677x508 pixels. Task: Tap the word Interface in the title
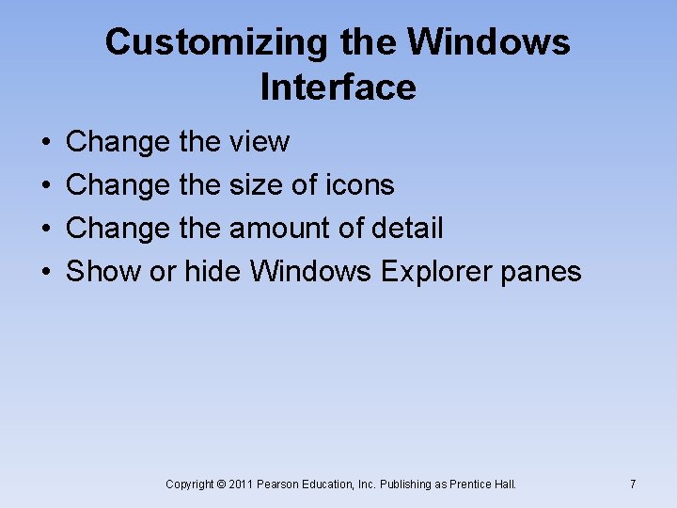[x=338, y=87]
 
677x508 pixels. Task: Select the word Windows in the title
[x=489, y=42]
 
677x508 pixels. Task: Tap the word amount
[x=273, y=229]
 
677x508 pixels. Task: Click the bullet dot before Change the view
[x=47, y=143]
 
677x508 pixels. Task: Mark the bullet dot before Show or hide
[x=47, y=273]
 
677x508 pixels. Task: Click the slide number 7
[x=633, y=484]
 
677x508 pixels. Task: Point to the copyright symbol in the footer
[x=221, y=484]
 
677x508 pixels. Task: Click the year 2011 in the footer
[x=242, y=484]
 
